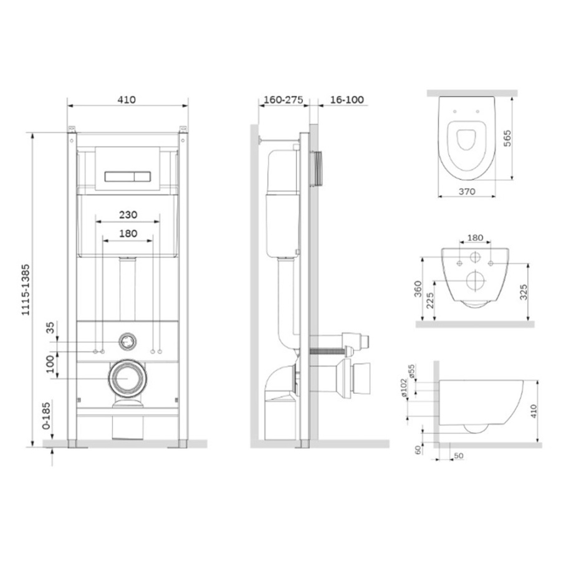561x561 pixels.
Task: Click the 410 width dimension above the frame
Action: pos(127,100)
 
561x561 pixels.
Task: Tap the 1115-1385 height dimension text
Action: pos(26,290)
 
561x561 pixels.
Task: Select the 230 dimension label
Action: pos(128,214)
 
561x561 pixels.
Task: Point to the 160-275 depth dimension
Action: pos(284,100)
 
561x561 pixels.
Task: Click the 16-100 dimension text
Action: pos(347,100)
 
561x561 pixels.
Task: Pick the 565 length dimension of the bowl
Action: pos(507,138)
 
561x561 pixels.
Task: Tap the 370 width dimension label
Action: pos(467,191)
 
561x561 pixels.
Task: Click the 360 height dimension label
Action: pos(418,289)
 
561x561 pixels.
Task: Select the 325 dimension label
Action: pos(524,292)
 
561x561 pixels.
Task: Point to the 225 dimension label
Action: pos(430,300)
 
